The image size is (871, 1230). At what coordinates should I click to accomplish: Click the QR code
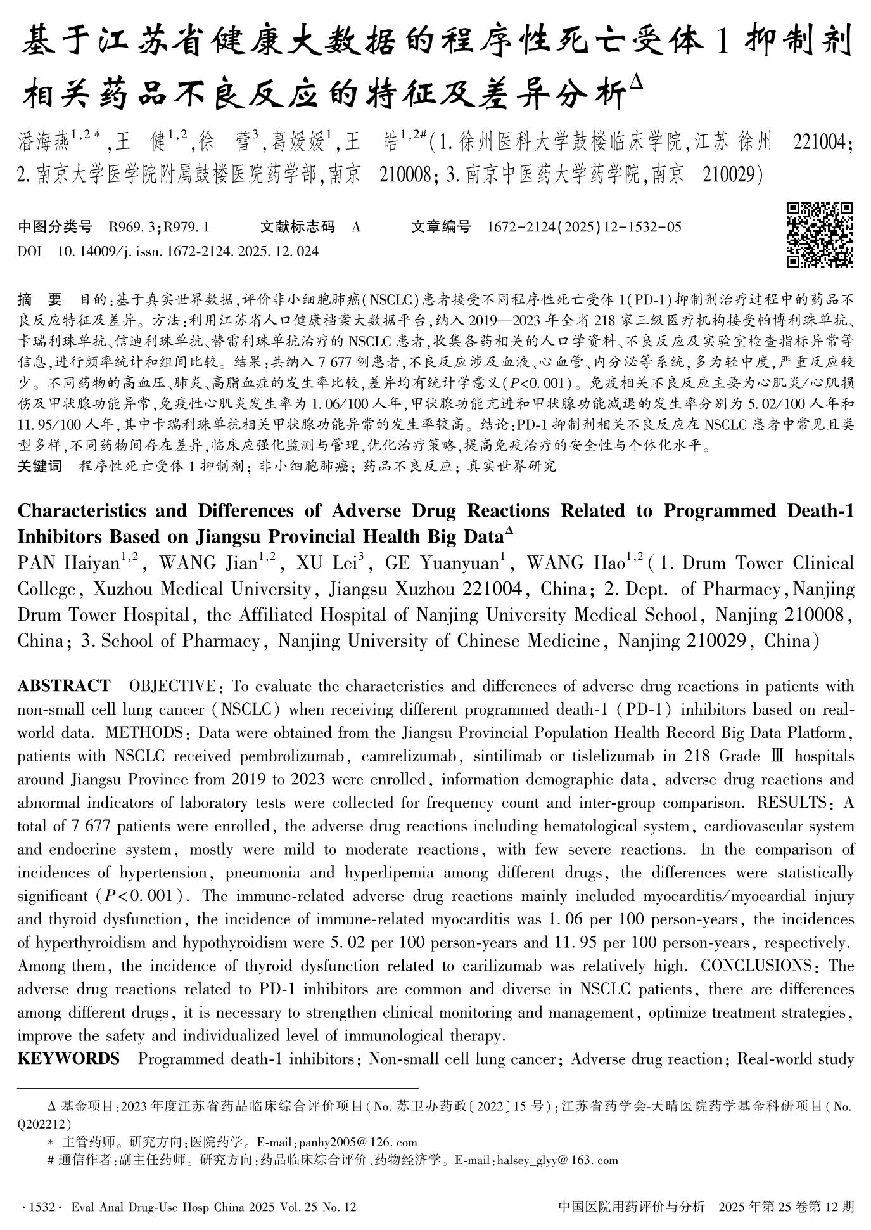(820, 234)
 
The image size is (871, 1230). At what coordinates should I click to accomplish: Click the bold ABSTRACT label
(63, 686)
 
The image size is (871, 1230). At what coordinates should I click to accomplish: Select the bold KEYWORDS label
(68, 1059)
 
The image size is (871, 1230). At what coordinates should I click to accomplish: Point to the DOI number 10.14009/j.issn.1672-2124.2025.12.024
(188, 251)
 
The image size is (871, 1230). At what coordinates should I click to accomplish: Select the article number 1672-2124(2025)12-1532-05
(584, 226)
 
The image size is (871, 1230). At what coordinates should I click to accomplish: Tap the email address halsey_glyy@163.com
(558, 1161)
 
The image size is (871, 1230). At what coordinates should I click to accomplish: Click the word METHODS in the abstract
(145, 733)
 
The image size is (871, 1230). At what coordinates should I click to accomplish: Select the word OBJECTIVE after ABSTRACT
(171, 686)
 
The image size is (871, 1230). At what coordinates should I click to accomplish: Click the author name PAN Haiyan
(70, 563)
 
